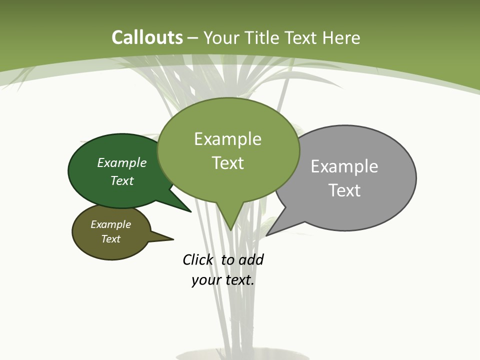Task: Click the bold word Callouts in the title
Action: (147, 38)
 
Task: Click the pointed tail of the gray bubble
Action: (278, 225)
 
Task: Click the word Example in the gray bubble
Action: (344, 166)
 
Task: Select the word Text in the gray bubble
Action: (344, 190)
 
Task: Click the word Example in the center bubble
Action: (227, 139)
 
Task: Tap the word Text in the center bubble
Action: (227, 163)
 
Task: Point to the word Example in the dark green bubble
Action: (121, 163)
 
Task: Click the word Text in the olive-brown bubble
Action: (110, 239)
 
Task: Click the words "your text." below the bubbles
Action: (223, 280)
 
